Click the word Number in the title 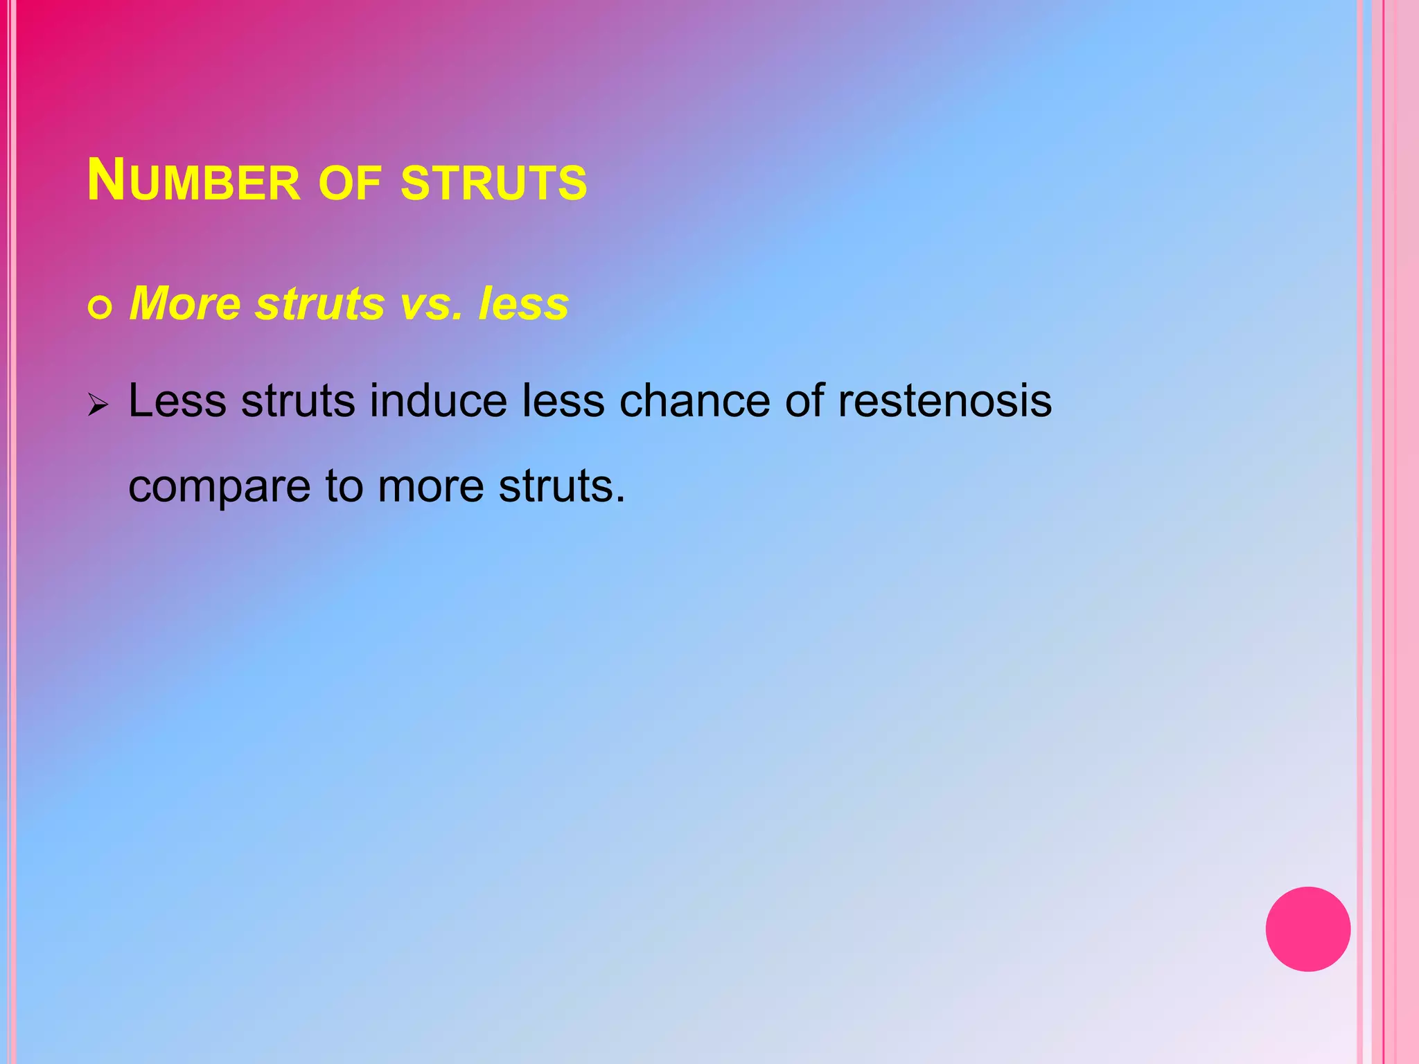[x=193, y=181]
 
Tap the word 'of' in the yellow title [x=350, y=184]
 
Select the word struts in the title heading [x=494, y=184]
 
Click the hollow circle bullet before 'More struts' [x=100, y=308]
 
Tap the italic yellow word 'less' [x=524, y=303]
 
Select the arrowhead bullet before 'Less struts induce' [x=98, y=405]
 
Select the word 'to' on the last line [x=344, y=486]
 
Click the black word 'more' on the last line [x=430, y=486]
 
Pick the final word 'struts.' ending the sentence [x=562, y=486]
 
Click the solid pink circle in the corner [x=1307, y=929]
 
